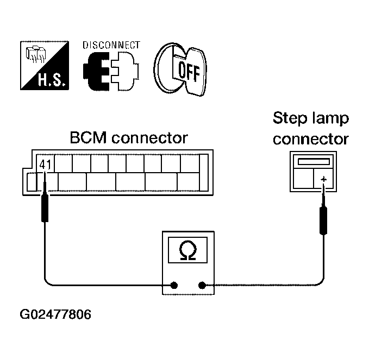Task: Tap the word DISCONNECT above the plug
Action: coord(111,45)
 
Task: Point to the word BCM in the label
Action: coord(89,137)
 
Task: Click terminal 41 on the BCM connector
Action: coord(44,163)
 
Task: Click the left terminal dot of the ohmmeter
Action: coord(174,285)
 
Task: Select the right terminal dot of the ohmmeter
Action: coord(202,285)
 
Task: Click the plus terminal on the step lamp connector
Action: coord(324,179)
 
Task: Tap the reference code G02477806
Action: coord(55,315)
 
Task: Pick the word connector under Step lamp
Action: coord(311,138)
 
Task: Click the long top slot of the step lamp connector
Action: coord(314,161)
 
